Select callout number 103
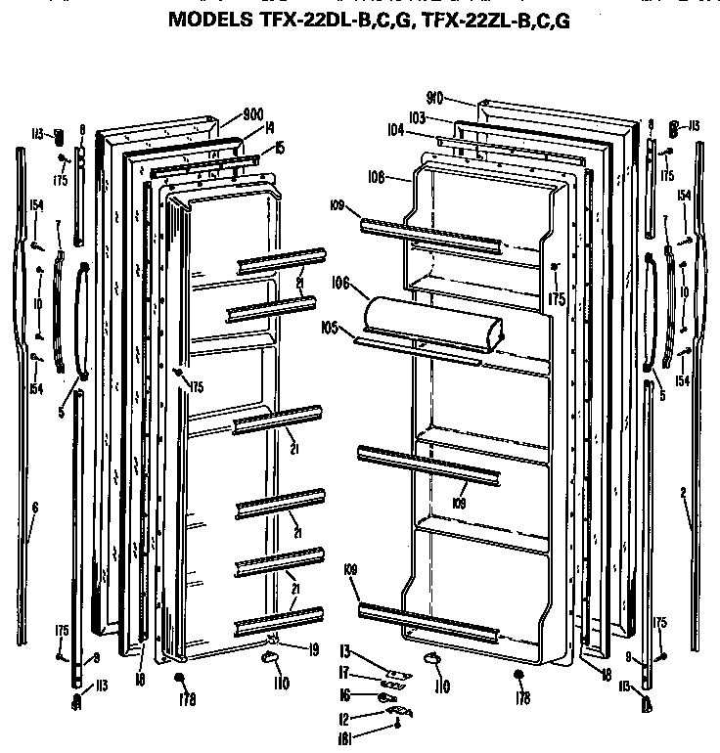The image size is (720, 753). point(418,116)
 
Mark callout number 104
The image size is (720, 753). point(395,129)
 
